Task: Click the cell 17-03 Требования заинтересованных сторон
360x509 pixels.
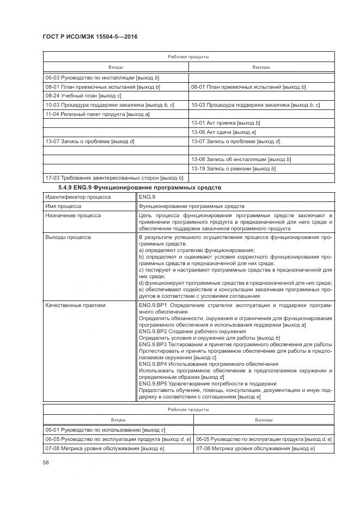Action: tap(114, 178)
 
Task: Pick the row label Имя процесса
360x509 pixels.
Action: tap(63, 206)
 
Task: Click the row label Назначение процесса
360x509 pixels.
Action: tap(72, 216)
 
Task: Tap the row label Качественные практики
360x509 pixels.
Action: tap(75, 305)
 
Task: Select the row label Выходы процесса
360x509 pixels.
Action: tap(68, 237)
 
